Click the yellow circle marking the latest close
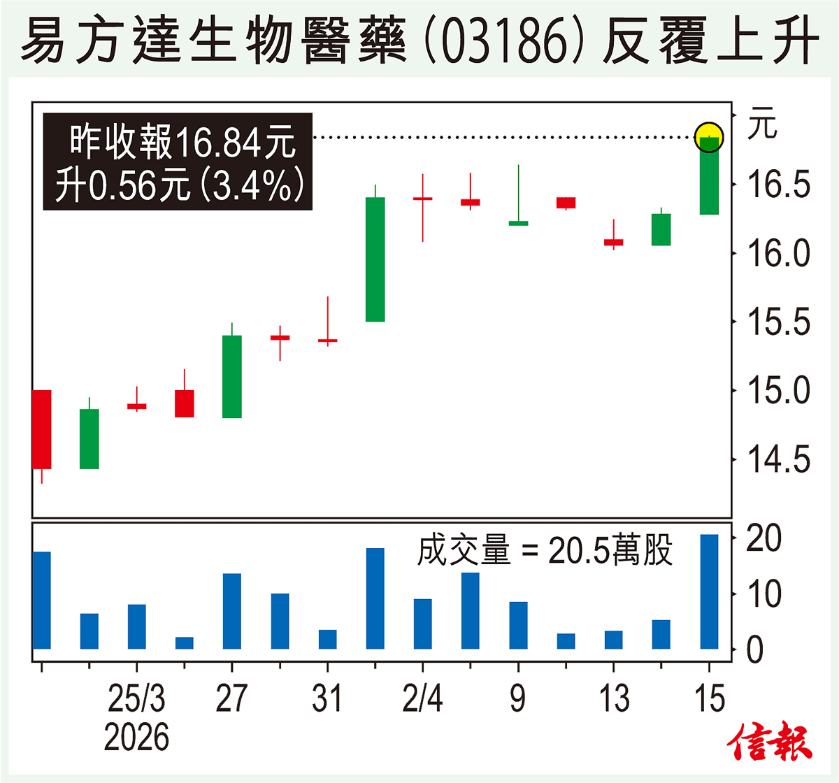(x=710, y=136)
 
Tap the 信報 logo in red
(x=770, y=742)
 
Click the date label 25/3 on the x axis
(x=136, y=698)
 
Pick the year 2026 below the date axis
(x=136, y=738)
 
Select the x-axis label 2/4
(x=422, y=698)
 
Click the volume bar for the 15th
(x=710, y=591)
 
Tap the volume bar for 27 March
(x=232, y=611)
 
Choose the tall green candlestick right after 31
(x=375, y=259)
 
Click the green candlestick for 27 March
(x=232, y=376)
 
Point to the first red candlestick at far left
(x=42, y=429)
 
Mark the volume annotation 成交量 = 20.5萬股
(x=545, y=550)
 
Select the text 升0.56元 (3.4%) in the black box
(x=180, y=185)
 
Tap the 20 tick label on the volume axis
(x=763, y=538)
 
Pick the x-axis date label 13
(x=614, y=698)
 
